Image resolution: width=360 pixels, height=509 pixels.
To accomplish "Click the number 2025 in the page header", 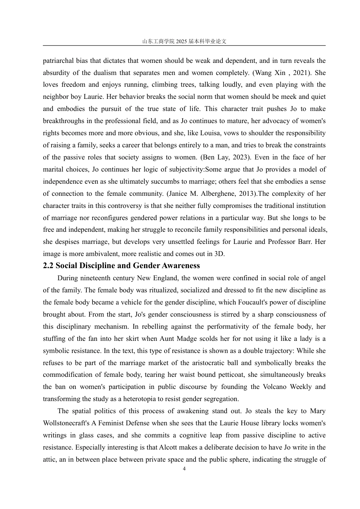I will click(x=182, y=42).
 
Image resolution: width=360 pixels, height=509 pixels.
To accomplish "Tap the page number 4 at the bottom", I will click(x=184, y=469).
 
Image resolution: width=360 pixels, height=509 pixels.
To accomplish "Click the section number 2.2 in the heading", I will click(x=48, y=265).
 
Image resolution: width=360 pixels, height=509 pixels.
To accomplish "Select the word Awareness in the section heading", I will click(x=181, y=265).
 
